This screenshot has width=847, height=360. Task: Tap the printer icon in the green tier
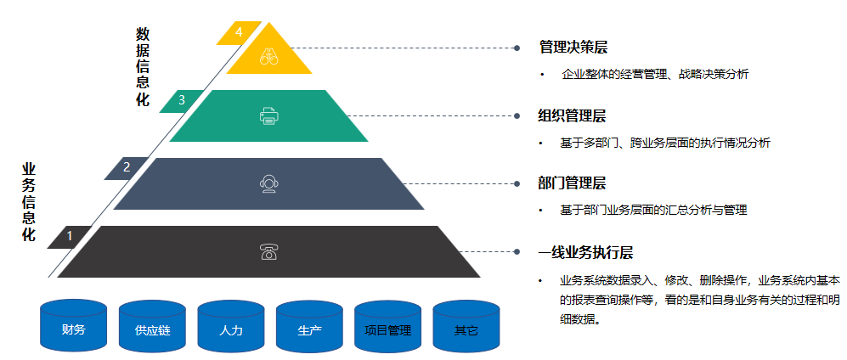268,116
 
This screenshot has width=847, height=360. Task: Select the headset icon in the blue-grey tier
268,183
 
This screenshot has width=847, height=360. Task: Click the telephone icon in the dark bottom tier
268,252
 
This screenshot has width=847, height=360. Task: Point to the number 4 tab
239,32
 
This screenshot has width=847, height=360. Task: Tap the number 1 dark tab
70,236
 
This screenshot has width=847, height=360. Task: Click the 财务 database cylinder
74,326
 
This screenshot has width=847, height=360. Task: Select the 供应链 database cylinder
152,326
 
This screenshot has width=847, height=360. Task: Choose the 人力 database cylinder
231,326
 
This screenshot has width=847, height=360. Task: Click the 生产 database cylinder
309,326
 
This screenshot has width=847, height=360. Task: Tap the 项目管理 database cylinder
387,326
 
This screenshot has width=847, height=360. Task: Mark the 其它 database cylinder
466,326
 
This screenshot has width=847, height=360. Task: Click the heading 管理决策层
573,48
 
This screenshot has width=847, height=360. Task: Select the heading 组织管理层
573,115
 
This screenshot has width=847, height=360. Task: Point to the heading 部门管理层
573,183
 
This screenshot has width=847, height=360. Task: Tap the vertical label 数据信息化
143,67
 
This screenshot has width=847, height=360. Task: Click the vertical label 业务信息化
29,202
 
